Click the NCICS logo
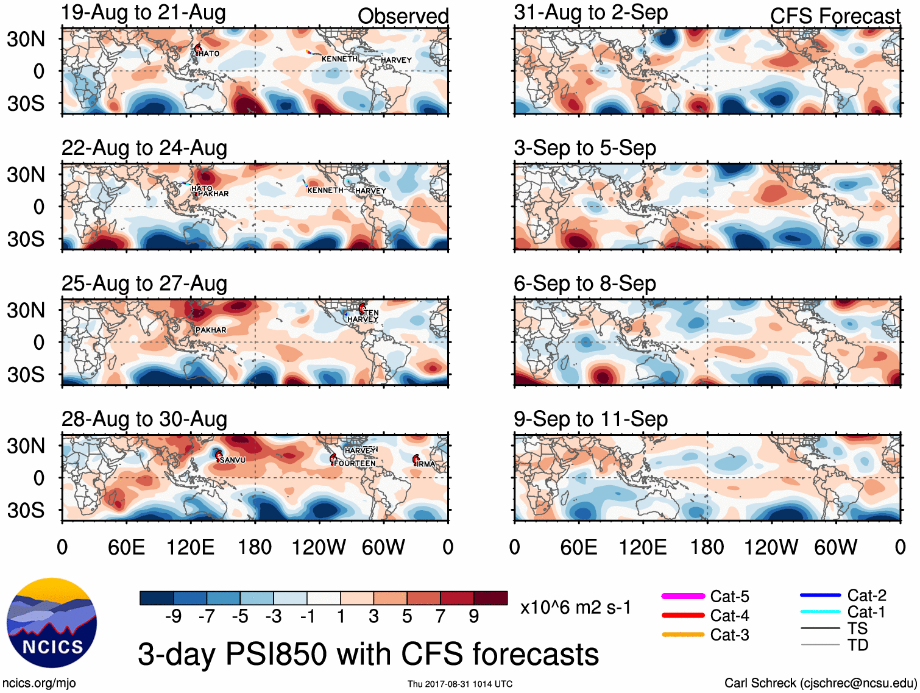point(52,622)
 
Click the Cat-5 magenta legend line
point(683,596)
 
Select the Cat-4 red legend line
point(683,616)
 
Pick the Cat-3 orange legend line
point(683,634)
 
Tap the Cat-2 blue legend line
point(820,595)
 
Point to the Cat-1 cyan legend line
point(820,611)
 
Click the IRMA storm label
point(426,464)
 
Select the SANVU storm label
point(233,460)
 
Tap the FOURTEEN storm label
point(355,463)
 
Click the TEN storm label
point(371,313)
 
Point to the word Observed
point(403,16)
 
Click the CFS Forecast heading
point(835,16)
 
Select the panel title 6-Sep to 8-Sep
point(585,283)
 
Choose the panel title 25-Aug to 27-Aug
point(144,283)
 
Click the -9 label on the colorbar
point(174,617)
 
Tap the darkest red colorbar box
point(490,598)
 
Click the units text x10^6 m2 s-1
point(576,608)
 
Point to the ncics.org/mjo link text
point(39,683)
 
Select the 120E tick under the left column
point(191,547)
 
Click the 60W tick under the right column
point(835,547)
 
